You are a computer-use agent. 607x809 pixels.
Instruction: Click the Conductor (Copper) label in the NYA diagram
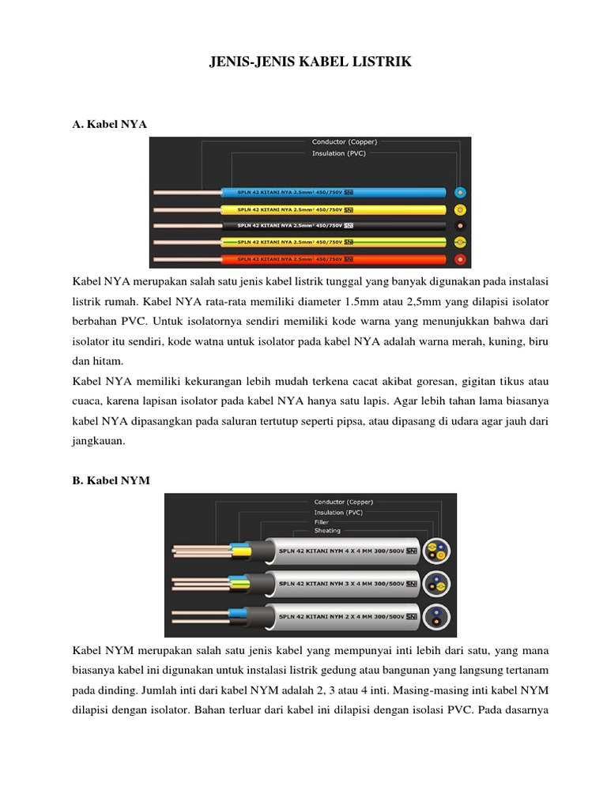pyautogui.click(x=344, y=142)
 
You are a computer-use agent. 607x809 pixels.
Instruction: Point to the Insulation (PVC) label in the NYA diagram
pyautogui.click(x=338, y=153)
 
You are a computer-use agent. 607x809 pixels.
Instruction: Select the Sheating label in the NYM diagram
pyautogui.click(x=327, y=531)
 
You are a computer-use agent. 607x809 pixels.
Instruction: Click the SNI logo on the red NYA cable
pyautogui.click(x=349, y=258)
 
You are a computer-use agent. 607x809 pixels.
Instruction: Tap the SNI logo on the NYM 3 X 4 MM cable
pyautogui.click(x=410, y=585)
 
